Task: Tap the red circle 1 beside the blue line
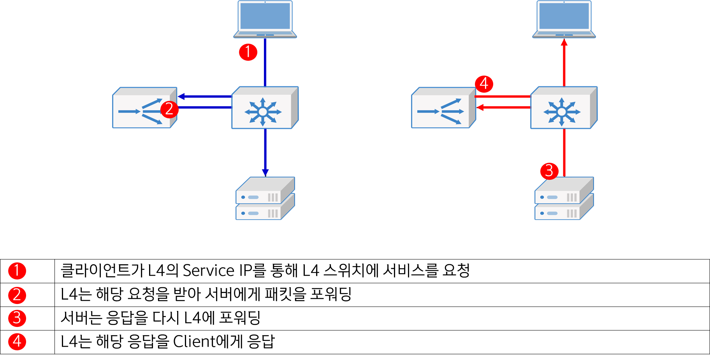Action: [x=248, y=52]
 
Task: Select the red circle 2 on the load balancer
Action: [x=169, y=109]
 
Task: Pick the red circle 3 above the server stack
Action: [x=549, y=170]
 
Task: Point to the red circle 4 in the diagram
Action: [x=484, y=83]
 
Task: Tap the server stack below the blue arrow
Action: [x=265, y=198]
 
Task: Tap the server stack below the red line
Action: [x=564, y=198]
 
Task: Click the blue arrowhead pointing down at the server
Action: [x=265, y=172]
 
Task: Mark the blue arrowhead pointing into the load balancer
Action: [x=181, y=96]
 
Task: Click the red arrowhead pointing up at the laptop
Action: [x=564, y=42]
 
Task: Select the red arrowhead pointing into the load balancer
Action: [x=480, y=107]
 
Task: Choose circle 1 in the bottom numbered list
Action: [x=17, y=270]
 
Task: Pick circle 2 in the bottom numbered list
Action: [x=17, y=295]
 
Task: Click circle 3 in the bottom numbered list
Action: [x=17, y=318]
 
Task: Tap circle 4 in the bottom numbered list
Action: [x=17, y=341]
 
